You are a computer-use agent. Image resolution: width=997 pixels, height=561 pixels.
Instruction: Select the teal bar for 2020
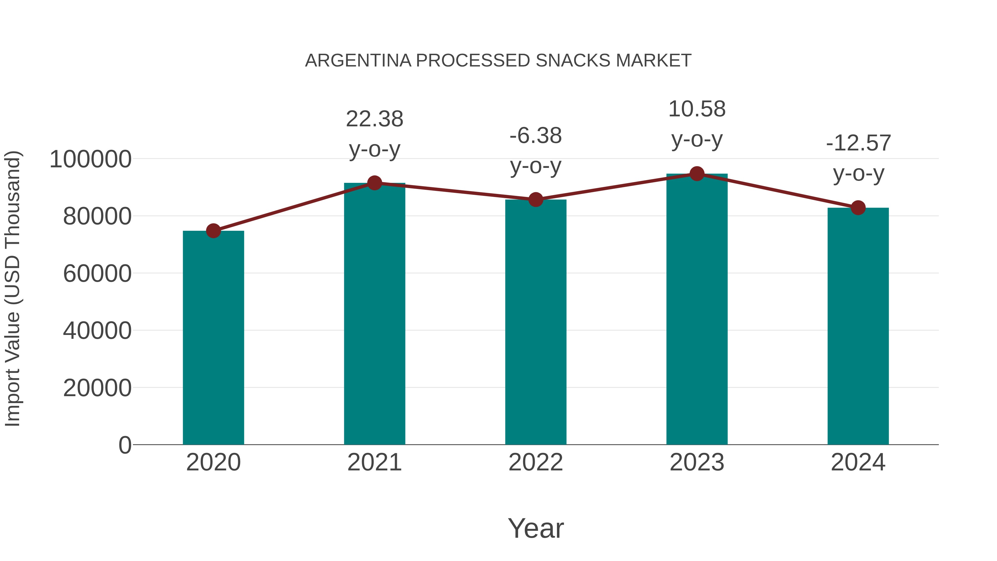[x=213, y=338]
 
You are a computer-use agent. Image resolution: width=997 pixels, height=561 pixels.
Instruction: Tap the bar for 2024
[x=858, y=326]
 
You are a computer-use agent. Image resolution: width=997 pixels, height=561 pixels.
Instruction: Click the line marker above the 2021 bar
[x=374, y=183]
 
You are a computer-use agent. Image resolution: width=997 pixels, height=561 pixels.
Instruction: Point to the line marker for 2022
[x=536, y=199]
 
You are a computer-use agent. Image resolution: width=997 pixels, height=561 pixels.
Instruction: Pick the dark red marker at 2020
[x=213, y=231]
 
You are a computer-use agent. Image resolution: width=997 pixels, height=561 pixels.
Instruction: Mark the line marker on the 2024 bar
[x=858, y=208]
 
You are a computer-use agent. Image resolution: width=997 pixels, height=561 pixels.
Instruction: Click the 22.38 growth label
[x=374, y=119]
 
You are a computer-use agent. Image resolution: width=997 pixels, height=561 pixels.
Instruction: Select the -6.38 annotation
[x=536, y=136]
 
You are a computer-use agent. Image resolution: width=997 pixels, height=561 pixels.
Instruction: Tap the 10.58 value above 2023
[x=697, y=109]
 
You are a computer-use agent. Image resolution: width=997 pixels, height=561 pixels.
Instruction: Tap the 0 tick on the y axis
[x=125, y=445]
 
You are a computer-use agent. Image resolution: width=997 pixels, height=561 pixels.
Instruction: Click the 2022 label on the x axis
[x=536, y=462]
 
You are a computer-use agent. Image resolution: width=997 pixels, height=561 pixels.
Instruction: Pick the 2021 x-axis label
[x=374, y=462]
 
